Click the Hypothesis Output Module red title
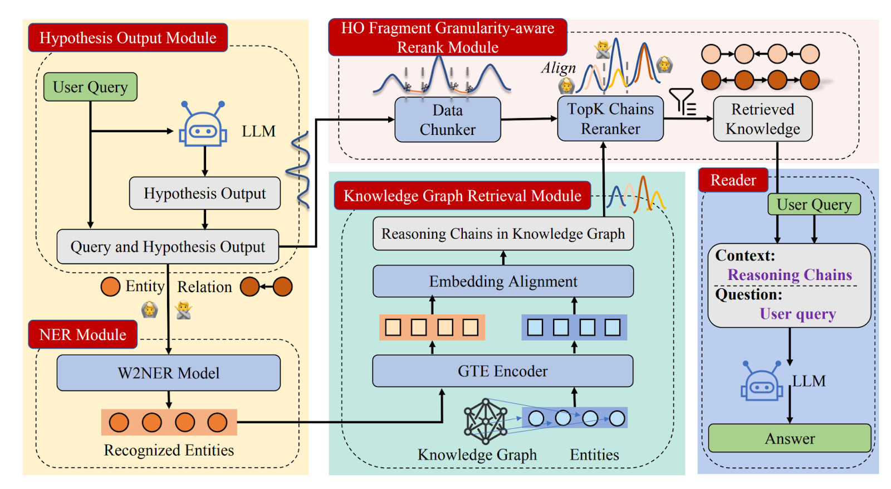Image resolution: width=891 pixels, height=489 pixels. click(x=128, y=38)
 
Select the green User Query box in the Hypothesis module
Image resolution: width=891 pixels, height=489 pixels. click(x=90, y=87)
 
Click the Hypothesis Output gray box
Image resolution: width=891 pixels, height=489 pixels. click(x=204, y=193)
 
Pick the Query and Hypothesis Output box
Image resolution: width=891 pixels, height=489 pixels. click(x=168, y=246)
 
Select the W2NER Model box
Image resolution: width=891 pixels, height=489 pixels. click(x=168, y=373)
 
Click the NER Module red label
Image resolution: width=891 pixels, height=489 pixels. click(x=82, y=335)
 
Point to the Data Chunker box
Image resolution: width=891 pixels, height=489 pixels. click(x=447, y=120)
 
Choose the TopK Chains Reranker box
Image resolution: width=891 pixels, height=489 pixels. click(x=610, y=119)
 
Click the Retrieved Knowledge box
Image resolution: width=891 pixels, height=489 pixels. click(x=762, y=119)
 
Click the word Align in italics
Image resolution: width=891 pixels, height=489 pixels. click(x=558, y=68)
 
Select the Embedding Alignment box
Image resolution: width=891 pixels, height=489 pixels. click(x=503, y=282)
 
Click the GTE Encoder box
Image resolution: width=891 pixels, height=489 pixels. click(x=502, y=371)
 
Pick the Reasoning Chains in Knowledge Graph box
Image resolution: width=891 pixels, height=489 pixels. click(x=503, y=234)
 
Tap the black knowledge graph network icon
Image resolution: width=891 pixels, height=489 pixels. click(x=486, y=421)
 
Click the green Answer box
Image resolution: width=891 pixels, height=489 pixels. click(x=789, y=439)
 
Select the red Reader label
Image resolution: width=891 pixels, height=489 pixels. click(x=733, y=180)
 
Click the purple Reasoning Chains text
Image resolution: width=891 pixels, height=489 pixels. click(x=790, y=275)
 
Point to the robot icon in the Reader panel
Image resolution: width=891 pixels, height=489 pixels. click(x=761, y=382)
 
